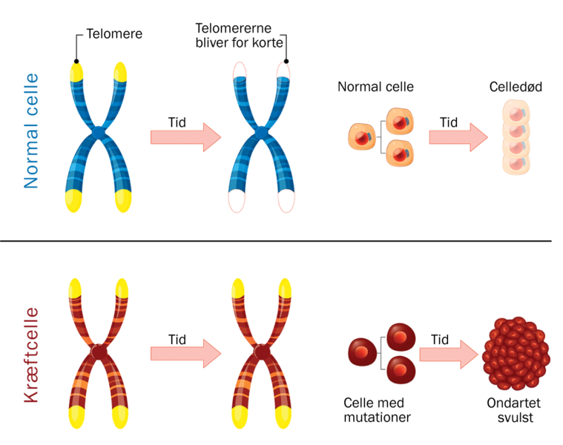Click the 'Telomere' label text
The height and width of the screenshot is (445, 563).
click(x=114, y=33)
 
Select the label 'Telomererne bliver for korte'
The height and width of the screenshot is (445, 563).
click(x=238, y=36)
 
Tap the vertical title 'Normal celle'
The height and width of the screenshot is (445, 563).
click(x=31, y=131)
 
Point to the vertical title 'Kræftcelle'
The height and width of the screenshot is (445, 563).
click(x=31, y=355)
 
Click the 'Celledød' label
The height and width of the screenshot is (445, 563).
click(x=516, y=87)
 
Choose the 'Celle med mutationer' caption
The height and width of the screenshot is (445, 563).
click(x=377, y=410)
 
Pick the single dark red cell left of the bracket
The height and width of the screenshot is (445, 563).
click(x=363, y=352)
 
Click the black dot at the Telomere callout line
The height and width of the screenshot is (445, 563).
click(x=76, y=61)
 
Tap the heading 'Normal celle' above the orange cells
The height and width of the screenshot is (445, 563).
click(x=375, y=87)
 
